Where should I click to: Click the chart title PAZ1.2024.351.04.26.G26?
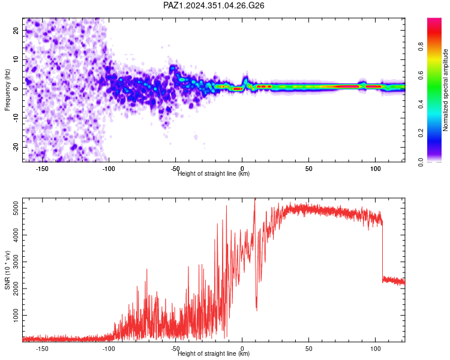coord(214,5)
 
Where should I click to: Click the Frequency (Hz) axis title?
coord(7,90)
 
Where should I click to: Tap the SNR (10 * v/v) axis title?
coord(7,270)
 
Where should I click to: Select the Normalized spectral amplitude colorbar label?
coord(445,90)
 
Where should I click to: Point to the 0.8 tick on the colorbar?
coord(421,47)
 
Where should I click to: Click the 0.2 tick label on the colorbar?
coord(421,133)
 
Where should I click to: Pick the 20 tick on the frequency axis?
coord(16,30)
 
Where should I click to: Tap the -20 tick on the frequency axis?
coord(16,147)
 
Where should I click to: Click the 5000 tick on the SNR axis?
coord(16,208)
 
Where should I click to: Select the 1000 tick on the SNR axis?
coord(16,315)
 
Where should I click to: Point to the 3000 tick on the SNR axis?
coord(16,262)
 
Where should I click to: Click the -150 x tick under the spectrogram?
coord(42,169)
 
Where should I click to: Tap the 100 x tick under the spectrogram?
coord(376,169)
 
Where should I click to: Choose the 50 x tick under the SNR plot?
coord(309,349)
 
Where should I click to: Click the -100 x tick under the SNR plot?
coord(109,349)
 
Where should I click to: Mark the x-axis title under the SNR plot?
coord(214,353)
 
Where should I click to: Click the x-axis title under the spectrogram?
coord(214,173)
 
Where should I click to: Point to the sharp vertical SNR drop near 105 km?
coord(383,251)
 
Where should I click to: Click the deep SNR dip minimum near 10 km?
coord(257,310)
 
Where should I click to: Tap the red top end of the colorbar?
coord(434,19)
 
